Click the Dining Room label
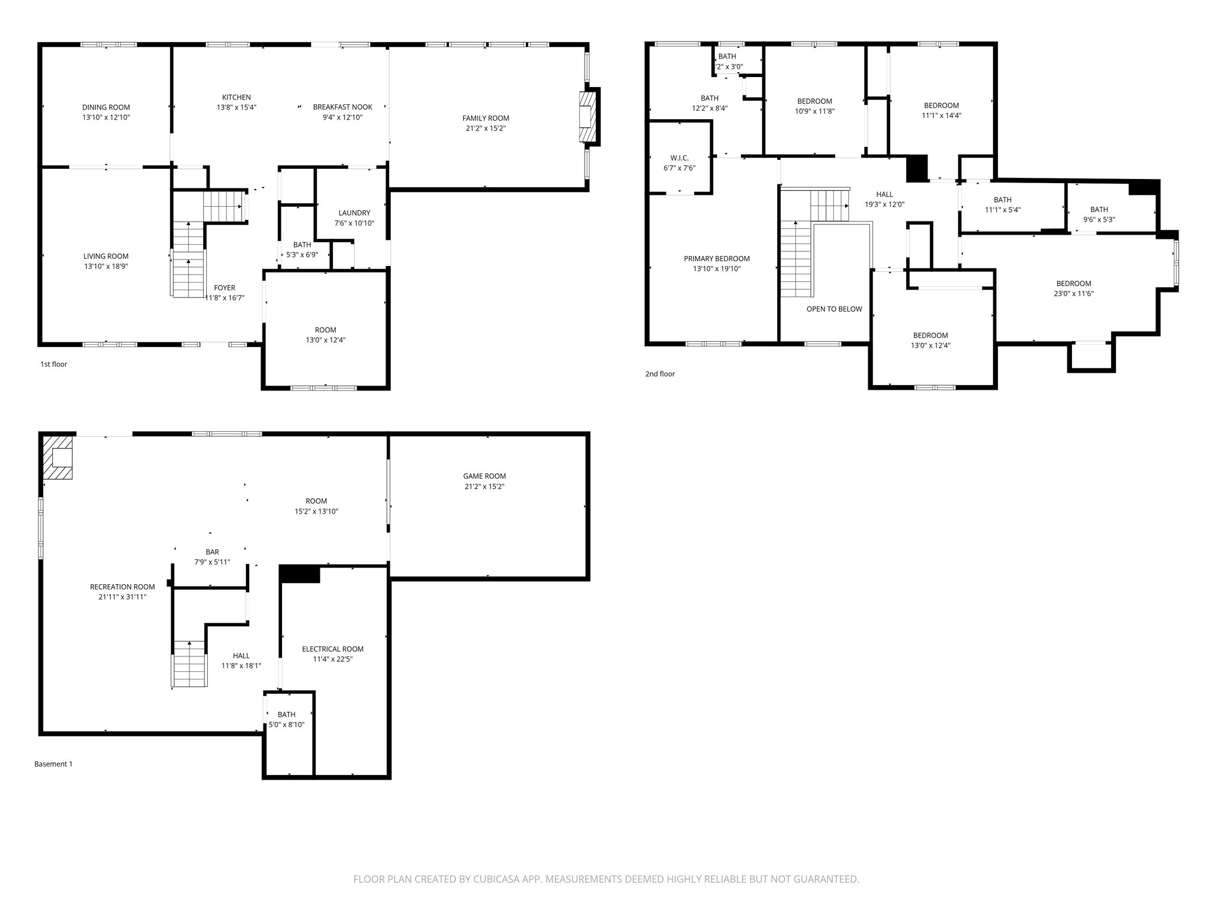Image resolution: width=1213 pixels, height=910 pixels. coord(106,107)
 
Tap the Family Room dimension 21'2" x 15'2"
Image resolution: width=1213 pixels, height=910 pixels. coord(486,129)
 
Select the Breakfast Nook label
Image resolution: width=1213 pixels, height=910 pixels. coord(342,107)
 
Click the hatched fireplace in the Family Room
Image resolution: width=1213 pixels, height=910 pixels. coord(586,116)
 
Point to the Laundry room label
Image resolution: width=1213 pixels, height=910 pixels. coord(354,213)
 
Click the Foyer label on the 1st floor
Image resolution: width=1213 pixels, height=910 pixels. coord(224,288)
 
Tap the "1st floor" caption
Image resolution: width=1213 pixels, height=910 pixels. coord(54,364)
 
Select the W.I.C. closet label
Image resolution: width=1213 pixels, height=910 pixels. coord(679,158)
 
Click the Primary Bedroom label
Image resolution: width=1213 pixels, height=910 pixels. coord(717,259)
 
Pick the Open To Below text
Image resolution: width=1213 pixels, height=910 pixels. coord(834,309)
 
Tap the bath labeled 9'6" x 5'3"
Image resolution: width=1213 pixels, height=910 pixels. coord(1099,209)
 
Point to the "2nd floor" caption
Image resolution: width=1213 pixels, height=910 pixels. coord(660,374)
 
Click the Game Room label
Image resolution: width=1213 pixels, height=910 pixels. coord(484,476)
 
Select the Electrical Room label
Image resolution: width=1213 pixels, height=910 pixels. coord(332,649)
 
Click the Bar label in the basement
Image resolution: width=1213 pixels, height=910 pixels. coord(212,552)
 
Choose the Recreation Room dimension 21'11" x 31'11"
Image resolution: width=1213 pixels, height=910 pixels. coord(122,597)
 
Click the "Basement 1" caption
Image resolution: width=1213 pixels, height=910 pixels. coord(53,764)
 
